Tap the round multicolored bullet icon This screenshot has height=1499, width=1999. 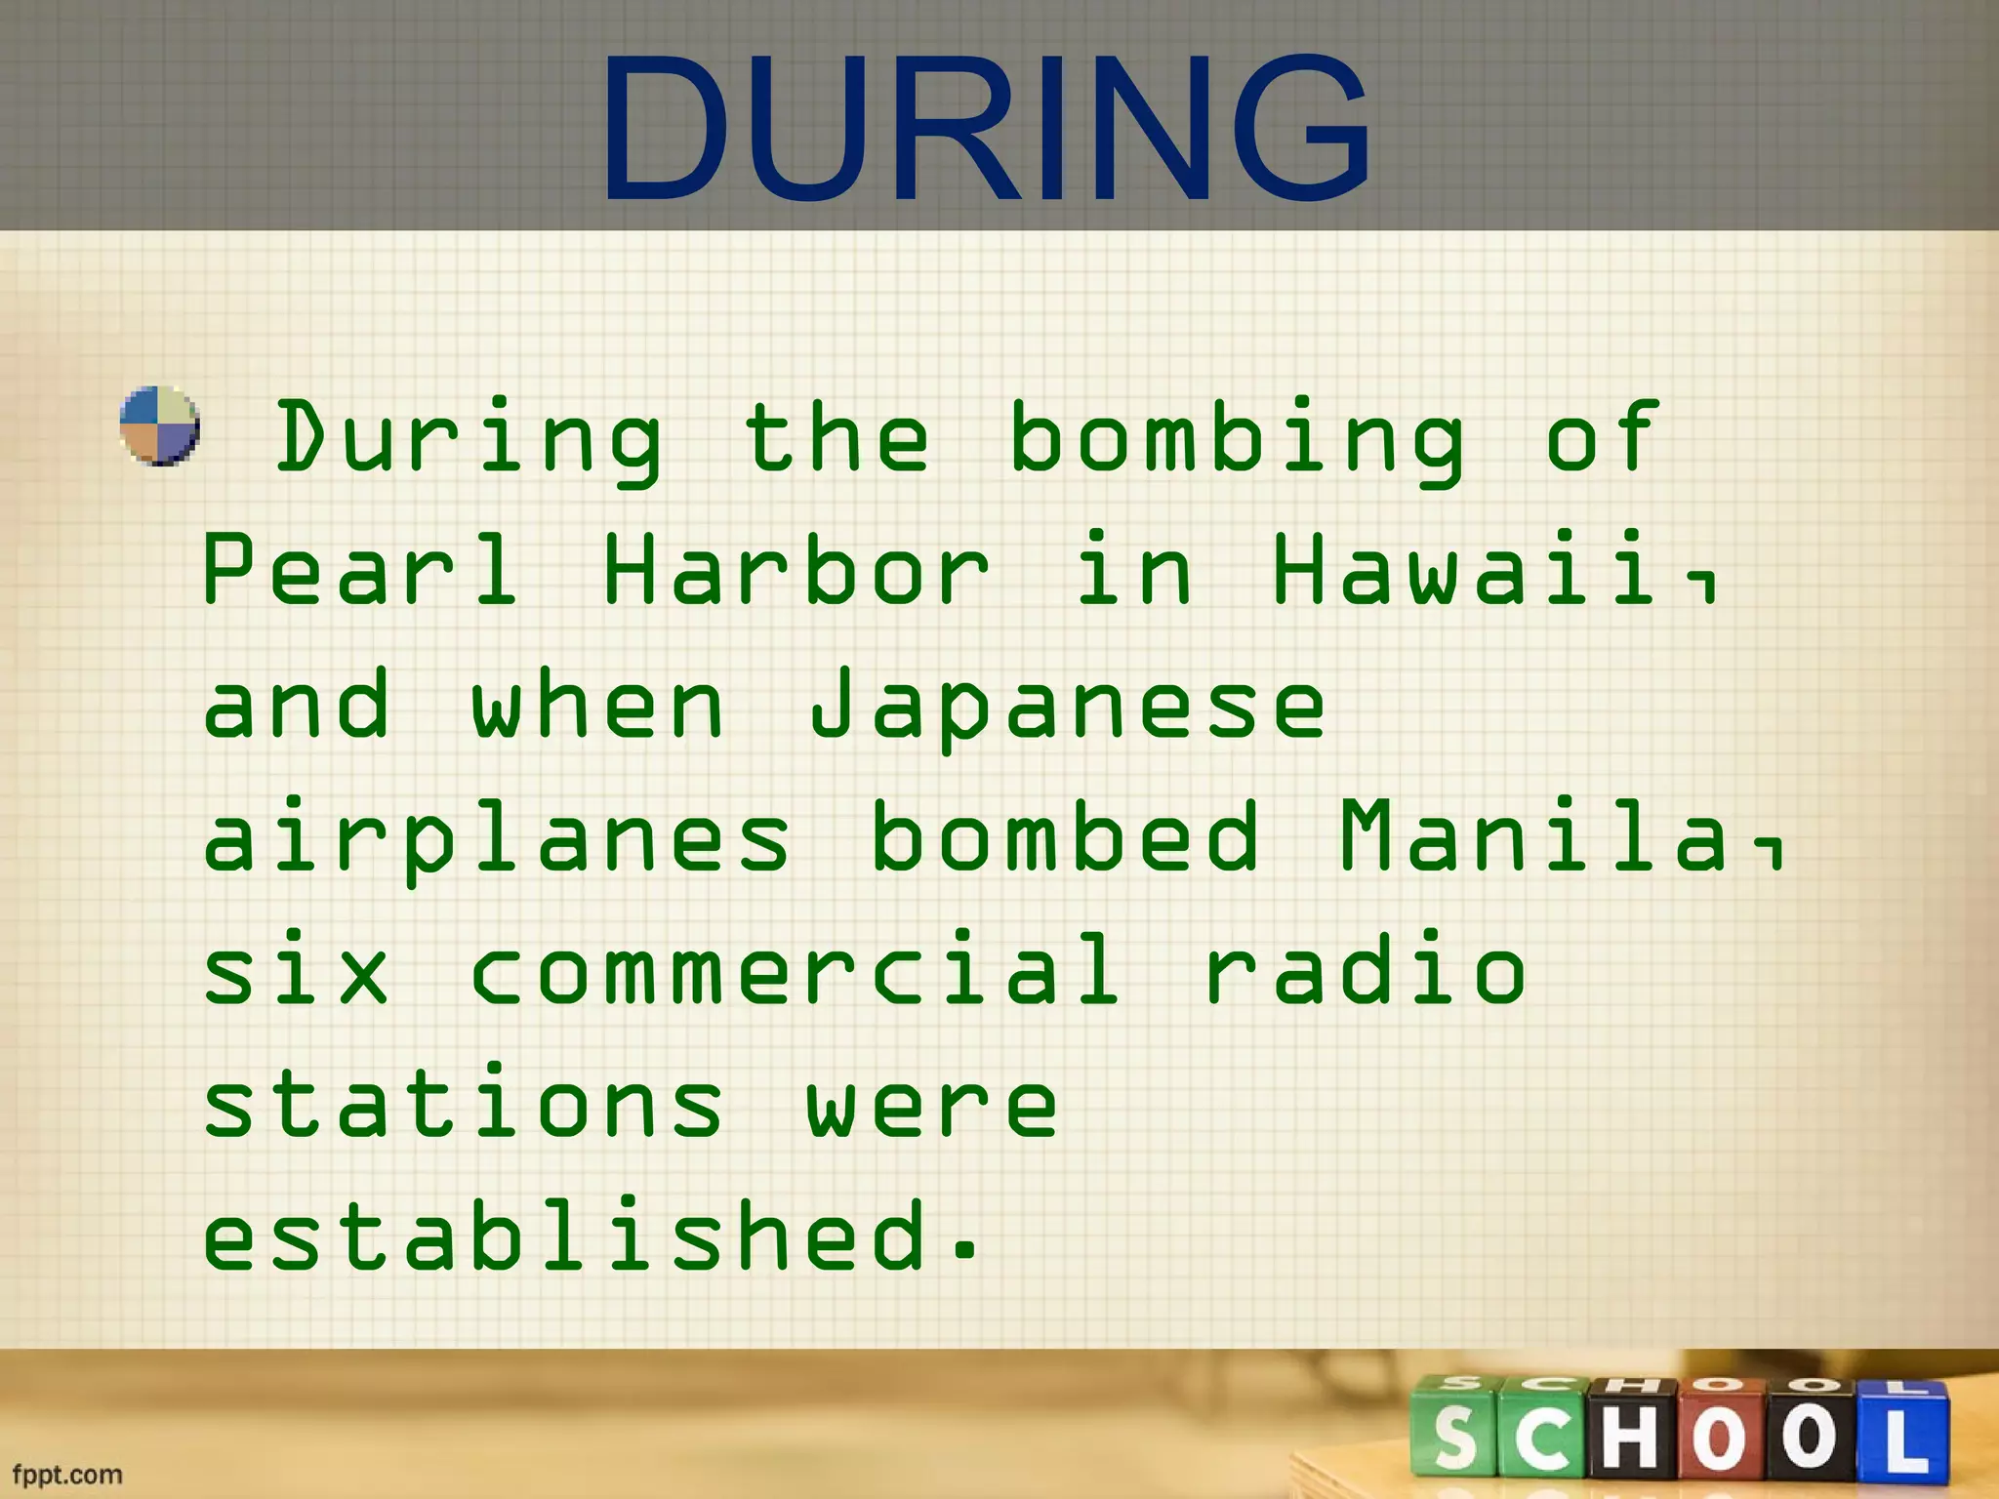coord(159,425)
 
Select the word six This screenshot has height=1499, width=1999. coord(296,970)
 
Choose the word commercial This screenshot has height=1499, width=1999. coord(795,970)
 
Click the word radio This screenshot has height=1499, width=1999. coord(1366,970)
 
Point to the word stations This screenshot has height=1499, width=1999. coord(463,1105)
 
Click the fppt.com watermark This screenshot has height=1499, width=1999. coord(67,1474)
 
